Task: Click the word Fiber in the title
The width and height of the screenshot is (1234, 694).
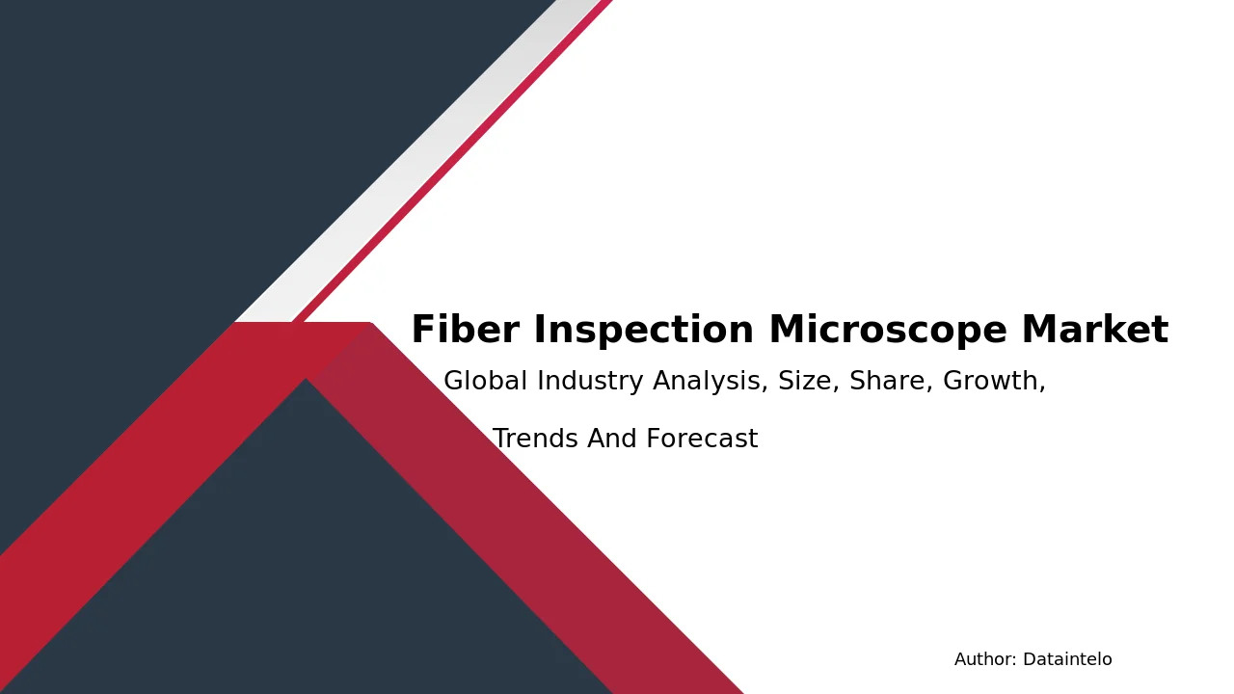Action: click(x=466, y=330)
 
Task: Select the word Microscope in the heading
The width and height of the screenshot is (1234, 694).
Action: click(x=888, y=331)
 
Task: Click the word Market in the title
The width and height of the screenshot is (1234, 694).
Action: click(x=1094, y=330)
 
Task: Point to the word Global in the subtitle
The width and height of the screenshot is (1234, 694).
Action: click(x=485, y=381)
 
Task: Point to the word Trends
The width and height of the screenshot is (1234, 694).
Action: click(x=535, y=439)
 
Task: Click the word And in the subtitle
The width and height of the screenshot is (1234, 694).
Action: click(x=611, y=439)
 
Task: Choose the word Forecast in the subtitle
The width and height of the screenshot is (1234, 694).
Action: click(x=702, y=439)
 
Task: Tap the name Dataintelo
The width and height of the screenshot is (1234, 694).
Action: click(x=1067, y=659)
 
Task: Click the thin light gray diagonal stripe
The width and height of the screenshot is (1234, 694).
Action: click(x=418, y=161)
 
